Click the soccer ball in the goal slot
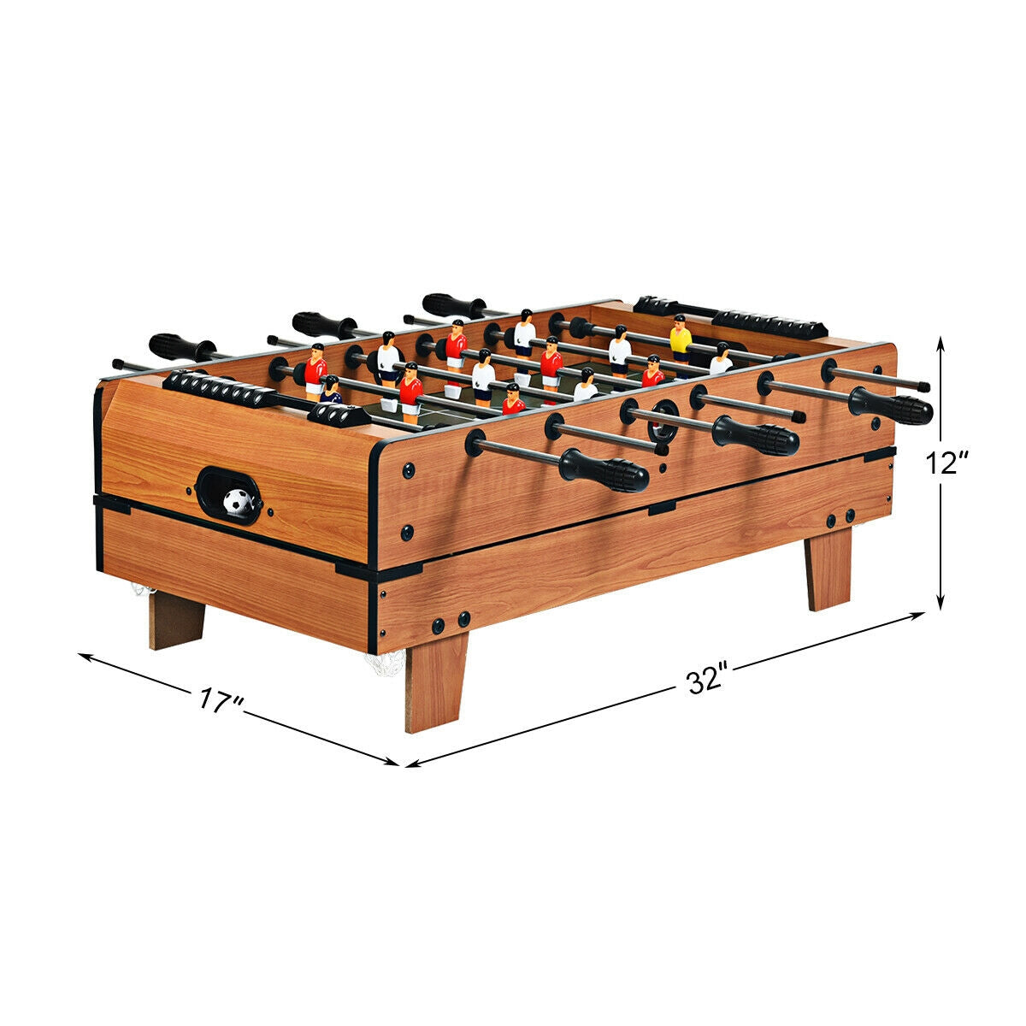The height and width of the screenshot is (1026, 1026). pyautogui.click(x=237, y=501)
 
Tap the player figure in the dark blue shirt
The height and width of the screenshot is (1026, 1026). pyautogui.click(x=331, y=391)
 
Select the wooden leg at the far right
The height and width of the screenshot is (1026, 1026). pyautogui.click(x=828, y=568)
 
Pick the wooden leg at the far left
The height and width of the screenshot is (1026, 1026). pyautogui.click(x=176, y=619)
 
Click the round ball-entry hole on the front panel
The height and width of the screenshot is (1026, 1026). pyautogui.click(x=662, y=420)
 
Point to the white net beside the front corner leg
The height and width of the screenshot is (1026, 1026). pyautogui.click(x=385, y=663)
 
